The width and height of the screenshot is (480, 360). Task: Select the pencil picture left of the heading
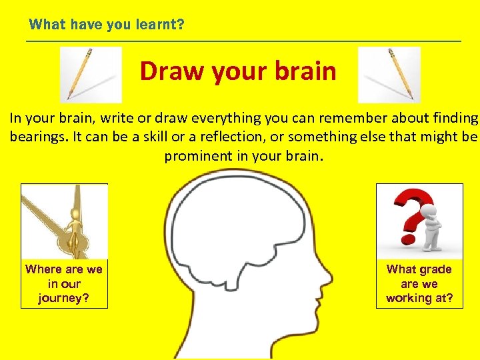click(91, 75)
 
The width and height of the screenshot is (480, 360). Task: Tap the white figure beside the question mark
click(434, 227)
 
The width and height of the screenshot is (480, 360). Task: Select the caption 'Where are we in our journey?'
click(64, 283)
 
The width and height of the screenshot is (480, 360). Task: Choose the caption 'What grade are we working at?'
click(419, 283)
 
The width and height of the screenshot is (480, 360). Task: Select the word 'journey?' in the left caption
click(64, 298)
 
